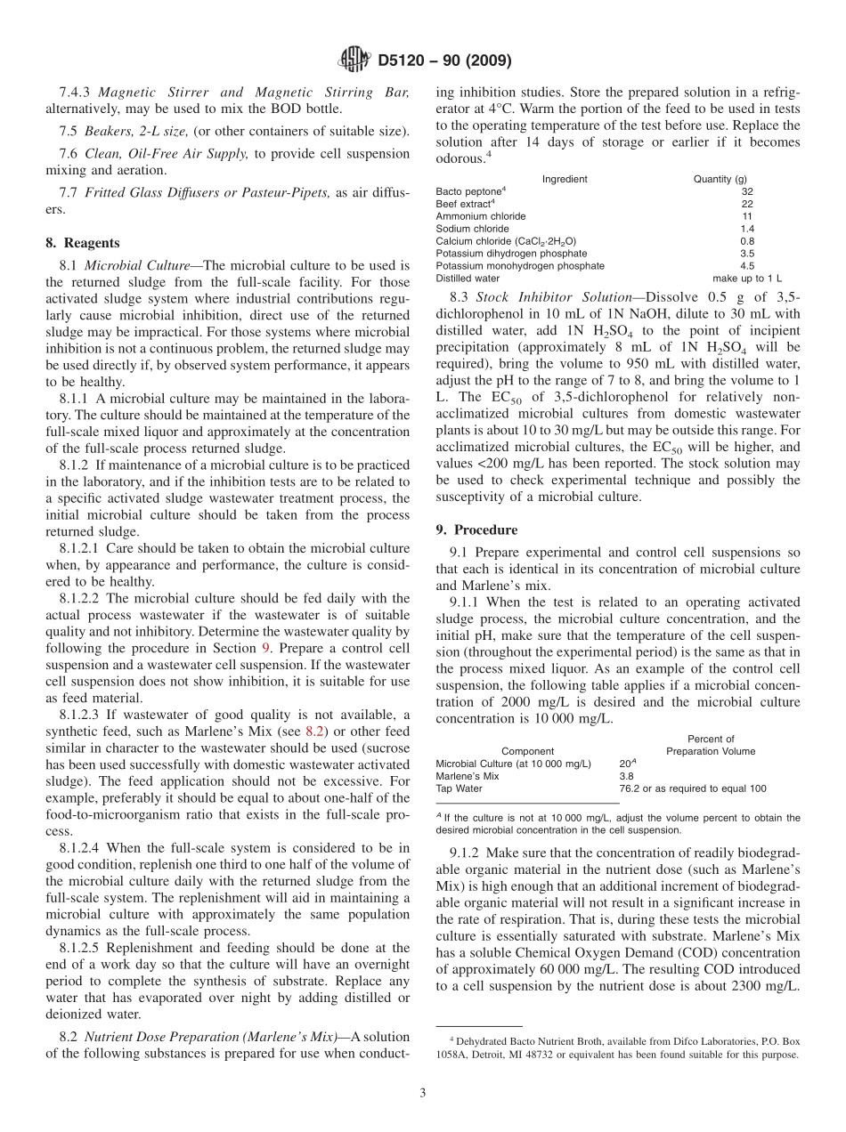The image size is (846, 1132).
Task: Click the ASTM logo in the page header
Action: (x=354, y=61)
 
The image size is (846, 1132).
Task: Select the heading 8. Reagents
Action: (x=83, y=242)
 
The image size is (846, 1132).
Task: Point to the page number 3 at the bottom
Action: (x=423, y=1093)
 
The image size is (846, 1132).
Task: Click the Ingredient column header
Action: (x=565, y=179)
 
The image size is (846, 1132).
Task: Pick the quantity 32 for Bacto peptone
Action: (x=746, y=191)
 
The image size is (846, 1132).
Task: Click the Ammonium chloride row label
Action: (x=481, y=216)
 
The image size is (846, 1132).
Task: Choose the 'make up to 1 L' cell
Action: (x=747, y=279)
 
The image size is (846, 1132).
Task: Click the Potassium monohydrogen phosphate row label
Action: (x=520, y=266)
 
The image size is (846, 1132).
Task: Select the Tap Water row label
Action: (x=459, y=788)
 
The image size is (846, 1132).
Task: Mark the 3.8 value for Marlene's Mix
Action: (x=627, y=776)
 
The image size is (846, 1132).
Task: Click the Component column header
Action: (x=527, y=751)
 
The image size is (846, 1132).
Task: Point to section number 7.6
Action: (x=69, y=154)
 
